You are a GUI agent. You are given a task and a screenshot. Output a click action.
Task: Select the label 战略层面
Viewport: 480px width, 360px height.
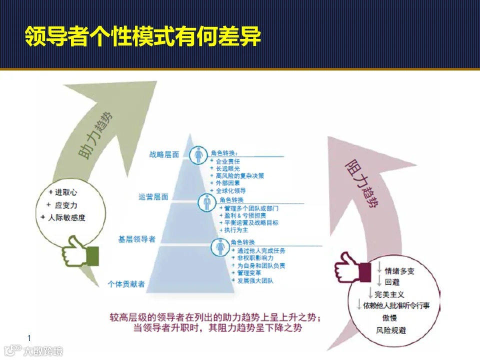(164, 154)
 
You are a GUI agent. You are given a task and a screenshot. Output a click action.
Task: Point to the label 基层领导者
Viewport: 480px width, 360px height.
(136, 239)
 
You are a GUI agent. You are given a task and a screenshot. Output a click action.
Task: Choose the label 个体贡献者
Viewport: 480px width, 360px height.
(126, 284)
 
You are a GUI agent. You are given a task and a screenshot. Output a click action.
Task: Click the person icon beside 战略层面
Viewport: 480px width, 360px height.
(199, 154)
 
